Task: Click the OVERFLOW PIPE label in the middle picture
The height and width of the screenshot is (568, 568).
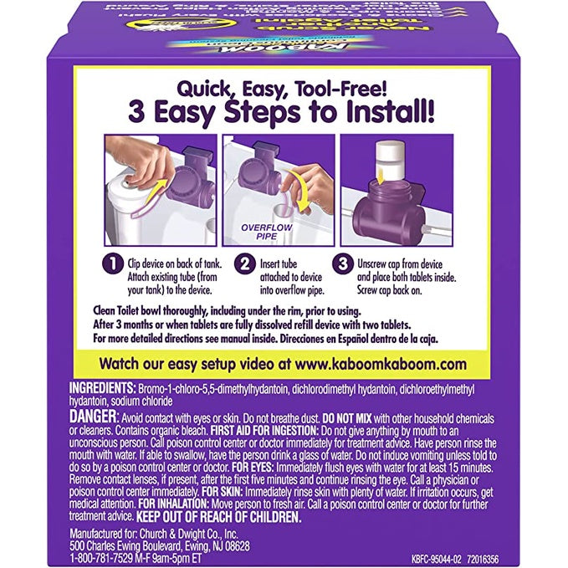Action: click(x=258, y=230)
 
